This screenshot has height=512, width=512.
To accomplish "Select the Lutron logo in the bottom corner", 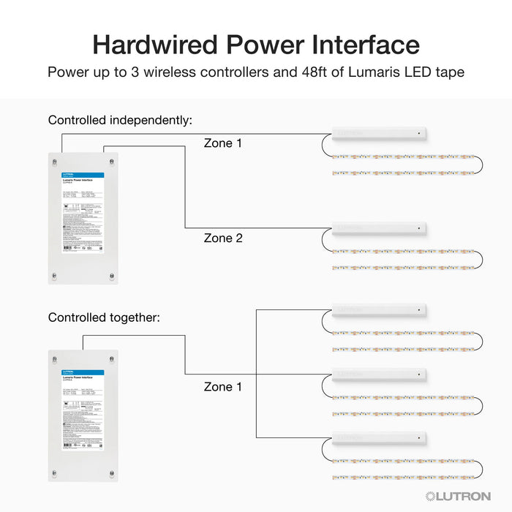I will pos(458,496).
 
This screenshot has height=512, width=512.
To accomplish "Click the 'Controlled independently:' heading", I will pos(120,120).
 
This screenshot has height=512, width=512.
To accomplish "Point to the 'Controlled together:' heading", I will pos(104,317).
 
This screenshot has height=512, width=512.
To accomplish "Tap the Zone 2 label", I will pos(223,238).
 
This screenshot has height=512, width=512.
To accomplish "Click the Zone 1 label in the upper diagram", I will pos(223,143).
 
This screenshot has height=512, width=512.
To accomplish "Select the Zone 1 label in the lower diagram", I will pos(223,387).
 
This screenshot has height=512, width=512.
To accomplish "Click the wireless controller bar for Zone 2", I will pos(379,228).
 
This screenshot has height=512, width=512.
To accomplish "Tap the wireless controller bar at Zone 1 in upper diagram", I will pos(379,134).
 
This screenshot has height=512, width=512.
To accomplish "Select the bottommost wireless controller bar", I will pos(379,439).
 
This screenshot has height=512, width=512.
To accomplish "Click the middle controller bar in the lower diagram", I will pos(379,374).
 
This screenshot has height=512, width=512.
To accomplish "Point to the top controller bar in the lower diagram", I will pos(379,310).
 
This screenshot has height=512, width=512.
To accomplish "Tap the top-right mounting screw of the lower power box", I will pos(112,358).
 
